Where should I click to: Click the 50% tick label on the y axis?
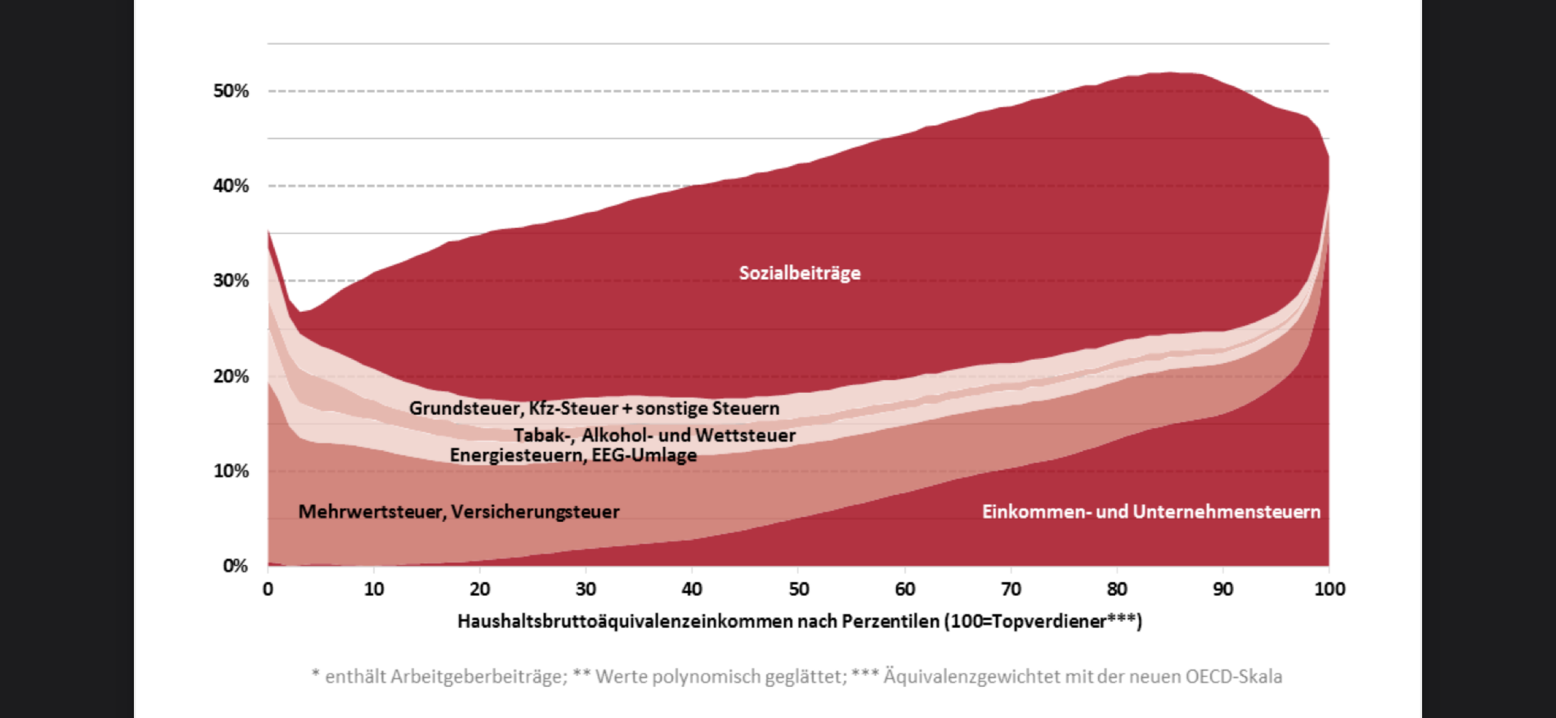[x=231, y=91]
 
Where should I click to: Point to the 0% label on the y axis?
[x=235, y=566]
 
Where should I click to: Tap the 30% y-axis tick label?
[x=231, y=281]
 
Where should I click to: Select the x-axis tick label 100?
[x=1330, y=590]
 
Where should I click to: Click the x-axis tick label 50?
[x=799, y=590]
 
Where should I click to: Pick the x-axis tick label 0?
[x=268, y=590]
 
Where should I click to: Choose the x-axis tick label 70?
[x=1011, y=590]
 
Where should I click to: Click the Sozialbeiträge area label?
[x=799, y=273]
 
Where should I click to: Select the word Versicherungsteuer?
[x=535, y=512]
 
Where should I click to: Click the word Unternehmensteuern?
[x=1227, y=512]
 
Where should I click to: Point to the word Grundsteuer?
[x=464, y=408]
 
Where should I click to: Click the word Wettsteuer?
[x=745, y=435]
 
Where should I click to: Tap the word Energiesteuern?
[x=517, y=456]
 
